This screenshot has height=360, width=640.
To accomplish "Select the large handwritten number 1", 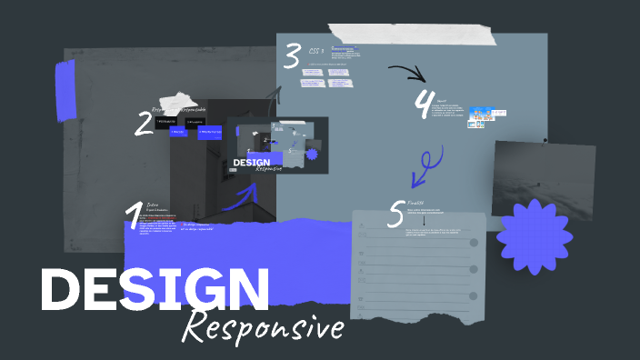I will [x=134, y=215].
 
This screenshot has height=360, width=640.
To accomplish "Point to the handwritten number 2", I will [x=144, y=123].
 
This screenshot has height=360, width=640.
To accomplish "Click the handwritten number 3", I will [x=291, y=56].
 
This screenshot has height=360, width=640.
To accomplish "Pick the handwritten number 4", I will [x=423, y=103].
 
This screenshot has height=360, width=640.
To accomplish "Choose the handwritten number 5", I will [x=395, y=214].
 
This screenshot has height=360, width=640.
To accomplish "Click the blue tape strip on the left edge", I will [x=65, y=90].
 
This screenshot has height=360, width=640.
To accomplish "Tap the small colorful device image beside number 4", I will [x=482, y=116].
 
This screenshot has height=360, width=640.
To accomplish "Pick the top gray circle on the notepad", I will [x=474, y=244].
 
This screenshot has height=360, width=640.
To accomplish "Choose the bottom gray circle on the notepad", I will [x=474, y=296].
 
